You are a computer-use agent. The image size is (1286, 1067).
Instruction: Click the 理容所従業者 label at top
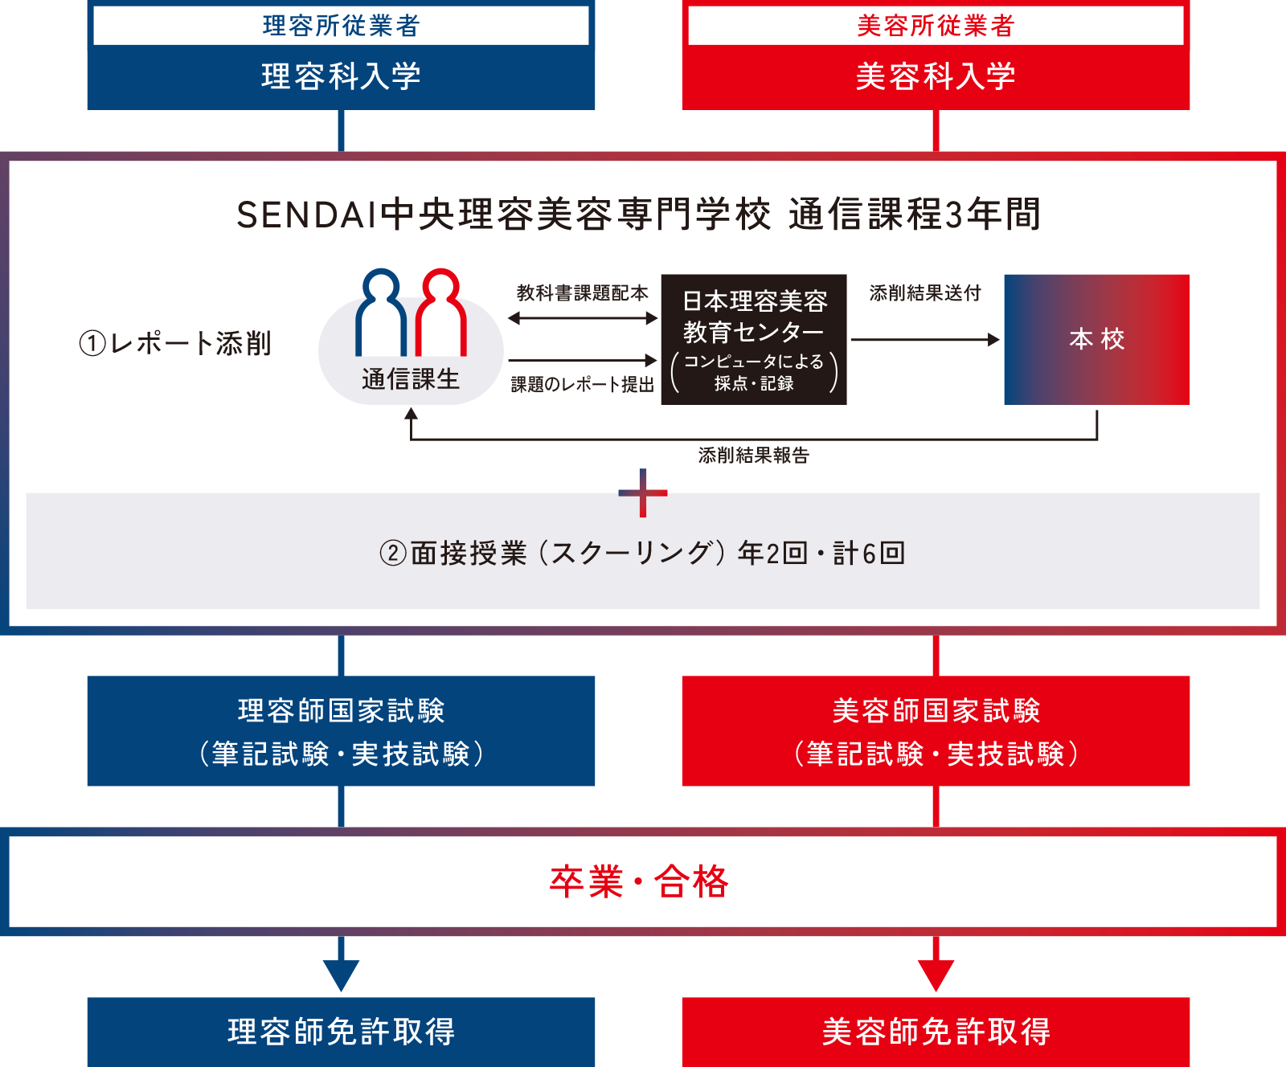tap(341, 26)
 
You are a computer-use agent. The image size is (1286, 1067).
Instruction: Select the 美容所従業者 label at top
tap(936, 26)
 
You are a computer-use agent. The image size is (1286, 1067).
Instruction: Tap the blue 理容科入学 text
tap(341, 76)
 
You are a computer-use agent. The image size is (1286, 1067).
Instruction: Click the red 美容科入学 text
tap(936, 76)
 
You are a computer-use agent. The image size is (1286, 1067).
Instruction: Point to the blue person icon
tap(380, 313)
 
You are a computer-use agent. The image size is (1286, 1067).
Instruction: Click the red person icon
tap(441, 313)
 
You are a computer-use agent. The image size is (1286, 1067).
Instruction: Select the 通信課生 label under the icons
tap(411, 379)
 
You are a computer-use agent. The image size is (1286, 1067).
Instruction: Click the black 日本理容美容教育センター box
tap(754, 339)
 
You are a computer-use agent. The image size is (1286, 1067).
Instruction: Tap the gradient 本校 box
tap(1096, 339)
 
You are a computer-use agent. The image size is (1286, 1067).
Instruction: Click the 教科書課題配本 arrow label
tap(582, 293)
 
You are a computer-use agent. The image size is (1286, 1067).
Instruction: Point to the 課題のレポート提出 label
tap(582, 385)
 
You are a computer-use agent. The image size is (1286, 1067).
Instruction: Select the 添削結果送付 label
tap(925, 293)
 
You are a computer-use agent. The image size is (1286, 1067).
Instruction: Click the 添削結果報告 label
tap(753, 456)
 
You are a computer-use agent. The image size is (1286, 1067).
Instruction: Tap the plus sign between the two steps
tap(643, 493)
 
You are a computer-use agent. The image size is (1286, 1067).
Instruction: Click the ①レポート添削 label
tap(175, 344)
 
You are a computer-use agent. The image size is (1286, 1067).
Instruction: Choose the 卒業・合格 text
tap(639, 881)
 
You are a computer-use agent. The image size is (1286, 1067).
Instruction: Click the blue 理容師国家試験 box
tap(341, 731)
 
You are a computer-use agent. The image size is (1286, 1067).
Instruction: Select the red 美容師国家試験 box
tap(936, 731)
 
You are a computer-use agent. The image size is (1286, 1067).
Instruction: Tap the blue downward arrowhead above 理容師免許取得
tap(341, 975)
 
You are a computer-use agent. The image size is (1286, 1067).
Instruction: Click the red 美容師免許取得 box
tap(936, 1032)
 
